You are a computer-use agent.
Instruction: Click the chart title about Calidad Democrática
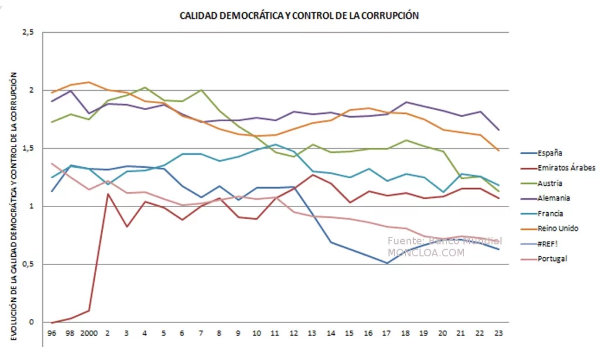tap(299, 16)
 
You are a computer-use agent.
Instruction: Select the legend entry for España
tap(549, 153)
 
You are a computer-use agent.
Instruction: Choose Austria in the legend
tap(550, 184)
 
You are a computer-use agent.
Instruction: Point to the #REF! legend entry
tap(548, 243)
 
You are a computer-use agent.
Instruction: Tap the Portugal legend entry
tap(551, 259)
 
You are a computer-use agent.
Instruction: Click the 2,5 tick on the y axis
tap(28, 33)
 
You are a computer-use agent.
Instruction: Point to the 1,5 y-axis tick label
tap(28, 148)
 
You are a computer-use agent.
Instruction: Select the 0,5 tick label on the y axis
tap(28, 264)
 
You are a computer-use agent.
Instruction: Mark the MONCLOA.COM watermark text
tap(425, 253)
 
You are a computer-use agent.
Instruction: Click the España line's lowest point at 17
tap(387, 263)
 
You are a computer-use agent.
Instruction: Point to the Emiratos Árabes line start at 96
tap(52, 322)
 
